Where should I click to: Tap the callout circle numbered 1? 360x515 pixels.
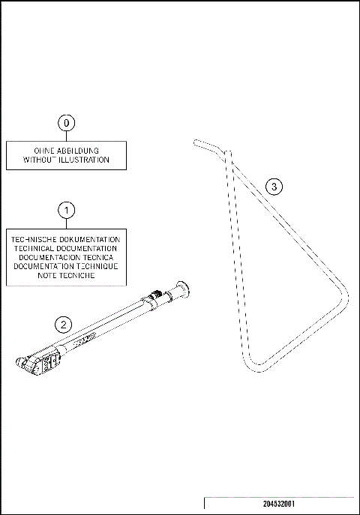coord(66,209)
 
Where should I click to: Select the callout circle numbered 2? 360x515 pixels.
coord(64,324)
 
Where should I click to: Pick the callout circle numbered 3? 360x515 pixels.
coord(275,187)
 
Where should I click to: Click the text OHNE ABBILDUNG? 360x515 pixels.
coord(66,151)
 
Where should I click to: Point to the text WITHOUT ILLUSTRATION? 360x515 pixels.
coord(66,160)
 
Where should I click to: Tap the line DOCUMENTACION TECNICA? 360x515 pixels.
coord(66,257)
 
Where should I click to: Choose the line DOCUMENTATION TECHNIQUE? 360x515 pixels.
coord(66,266)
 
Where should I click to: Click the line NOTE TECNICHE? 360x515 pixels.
coord(66,275)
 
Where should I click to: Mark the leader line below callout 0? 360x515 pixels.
coord(66,136)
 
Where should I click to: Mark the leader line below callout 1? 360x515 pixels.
coord(66,223)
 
